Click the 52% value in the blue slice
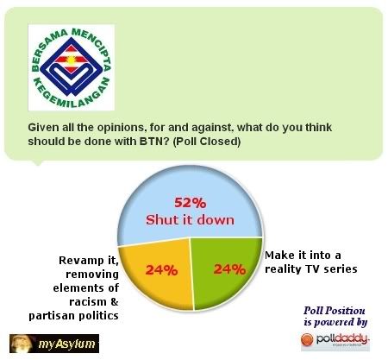(190, 203)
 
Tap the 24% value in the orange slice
(161, 270)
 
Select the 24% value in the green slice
(229, 269)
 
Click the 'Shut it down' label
(190, 220)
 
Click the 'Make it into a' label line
(303, 255)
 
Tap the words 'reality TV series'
(311, 268)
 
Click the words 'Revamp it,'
(89, 261)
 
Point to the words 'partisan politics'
(73, 316)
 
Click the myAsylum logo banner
(54, 344)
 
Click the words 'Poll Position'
(335, 311)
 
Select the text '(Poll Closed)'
(207, 142)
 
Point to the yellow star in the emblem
(71, 60)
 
